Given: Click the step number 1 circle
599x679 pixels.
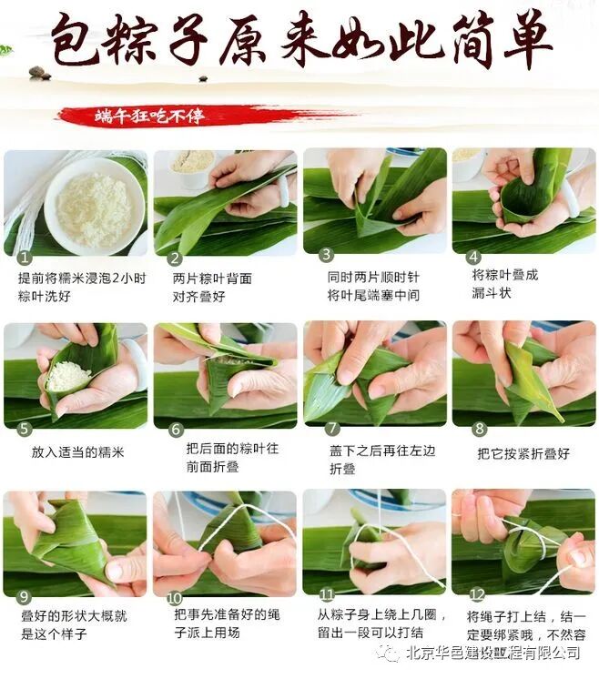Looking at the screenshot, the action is point(25,258).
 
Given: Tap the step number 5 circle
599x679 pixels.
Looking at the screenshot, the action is point(25,429).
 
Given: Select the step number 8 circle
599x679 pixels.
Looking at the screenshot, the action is point(480,429).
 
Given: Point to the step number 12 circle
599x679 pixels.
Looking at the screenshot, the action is point(477,594).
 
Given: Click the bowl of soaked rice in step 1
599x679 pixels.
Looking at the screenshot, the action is point(95,207).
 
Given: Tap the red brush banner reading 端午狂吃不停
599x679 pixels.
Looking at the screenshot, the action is point(204,116).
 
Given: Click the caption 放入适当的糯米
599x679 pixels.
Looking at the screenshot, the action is point(78,452).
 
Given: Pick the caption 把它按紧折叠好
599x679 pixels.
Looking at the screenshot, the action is point(523,453).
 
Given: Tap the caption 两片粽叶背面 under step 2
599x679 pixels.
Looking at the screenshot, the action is point(212,279).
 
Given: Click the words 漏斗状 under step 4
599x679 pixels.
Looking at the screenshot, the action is point(492,293).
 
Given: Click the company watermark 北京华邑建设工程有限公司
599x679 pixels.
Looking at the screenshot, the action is point(493,653).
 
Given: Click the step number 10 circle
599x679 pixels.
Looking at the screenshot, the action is point(174,598).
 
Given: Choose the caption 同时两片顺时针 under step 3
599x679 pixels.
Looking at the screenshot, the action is point(373,277).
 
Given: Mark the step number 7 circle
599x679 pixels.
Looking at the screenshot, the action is point(332,429).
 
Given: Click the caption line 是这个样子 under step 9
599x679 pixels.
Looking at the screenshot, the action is point(55,634).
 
